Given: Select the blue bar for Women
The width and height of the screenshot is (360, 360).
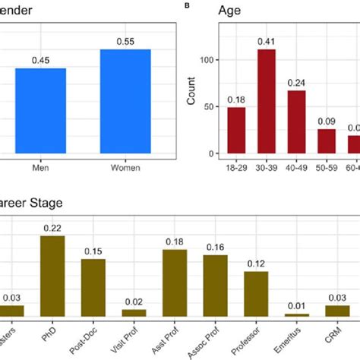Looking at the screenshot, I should point(125,103).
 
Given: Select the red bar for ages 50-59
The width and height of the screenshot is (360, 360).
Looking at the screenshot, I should point(327,142).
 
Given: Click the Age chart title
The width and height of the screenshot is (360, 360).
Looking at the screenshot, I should point(231,11).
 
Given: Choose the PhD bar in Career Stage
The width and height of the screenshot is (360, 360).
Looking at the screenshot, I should point(52,276).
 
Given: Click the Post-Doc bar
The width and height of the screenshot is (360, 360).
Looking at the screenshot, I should point(93,287).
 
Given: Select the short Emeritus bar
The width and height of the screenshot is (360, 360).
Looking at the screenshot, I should point(297,314).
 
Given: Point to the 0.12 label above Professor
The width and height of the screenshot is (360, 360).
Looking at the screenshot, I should point(256,263).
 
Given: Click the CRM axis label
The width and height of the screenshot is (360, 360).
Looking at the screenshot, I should point(336,334).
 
